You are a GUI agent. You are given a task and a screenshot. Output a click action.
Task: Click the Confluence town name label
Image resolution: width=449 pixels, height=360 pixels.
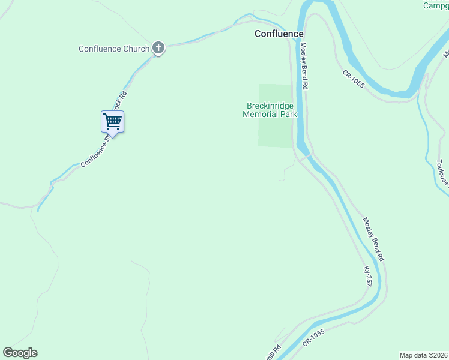tap(279, 34)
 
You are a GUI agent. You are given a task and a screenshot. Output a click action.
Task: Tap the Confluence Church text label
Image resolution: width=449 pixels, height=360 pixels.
tap(114, 49)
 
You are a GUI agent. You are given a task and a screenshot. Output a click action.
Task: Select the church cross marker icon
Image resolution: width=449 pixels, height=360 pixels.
tap(158, 48)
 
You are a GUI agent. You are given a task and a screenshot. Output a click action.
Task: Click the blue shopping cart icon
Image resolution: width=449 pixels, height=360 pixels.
tap(112, 122)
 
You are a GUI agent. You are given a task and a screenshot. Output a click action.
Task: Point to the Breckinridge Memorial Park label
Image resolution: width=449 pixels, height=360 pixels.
tap(270, 110)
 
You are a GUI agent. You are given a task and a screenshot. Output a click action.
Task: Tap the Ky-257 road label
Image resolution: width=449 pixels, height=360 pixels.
tap(367, 276)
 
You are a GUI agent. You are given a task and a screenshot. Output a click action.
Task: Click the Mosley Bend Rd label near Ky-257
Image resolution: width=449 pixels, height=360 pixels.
tap(373, 238)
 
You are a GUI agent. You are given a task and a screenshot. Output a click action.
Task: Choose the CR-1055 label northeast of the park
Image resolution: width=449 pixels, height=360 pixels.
tap(354, 79)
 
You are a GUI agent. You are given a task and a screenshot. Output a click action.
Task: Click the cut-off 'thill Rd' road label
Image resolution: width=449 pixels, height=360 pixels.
tap(276, 350)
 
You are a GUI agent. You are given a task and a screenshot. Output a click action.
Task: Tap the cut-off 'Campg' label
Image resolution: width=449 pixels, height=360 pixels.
tap(435, 6)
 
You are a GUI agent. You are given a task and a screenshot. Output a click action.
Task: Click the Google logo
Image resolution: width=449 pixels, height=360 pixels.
tap(20, 353)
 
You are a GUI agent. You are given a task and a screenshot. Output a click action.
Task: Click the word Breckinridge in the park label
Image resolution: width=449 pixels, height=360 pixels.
tap(270, 106)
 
